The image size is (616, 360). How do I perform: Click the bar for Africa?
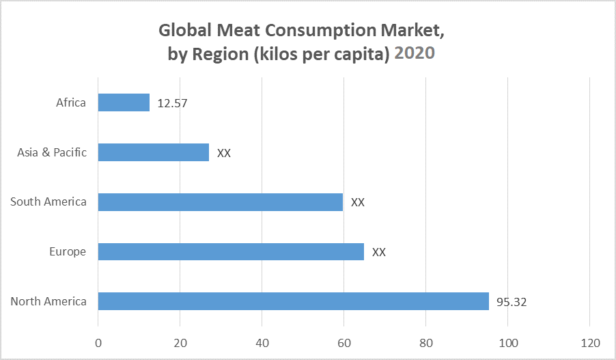[124, 102]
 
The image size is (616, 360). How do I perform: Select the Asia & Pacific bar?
[154, 152]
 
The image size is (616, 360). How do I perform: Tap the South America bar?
[220, 202]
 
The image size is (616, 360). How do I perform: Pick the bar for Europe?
[231, 251]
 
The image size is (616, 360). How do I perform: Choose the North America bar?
[294, 301]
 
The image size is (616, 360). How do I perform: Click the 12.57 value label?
[172, 104]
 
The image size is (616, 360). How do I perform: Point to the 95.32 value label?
[512, 302]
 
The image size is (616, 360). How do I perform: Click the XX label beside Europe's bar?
[379, 252]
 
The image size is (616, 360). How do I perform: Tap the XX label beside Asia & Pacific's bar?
[224, 153]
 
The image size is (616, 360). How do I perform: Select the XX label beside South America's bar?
[358, 203]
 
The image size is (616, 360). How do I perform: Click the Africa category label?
[71, 103]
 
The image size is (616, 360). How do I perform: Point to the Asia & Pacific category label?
[52, 152]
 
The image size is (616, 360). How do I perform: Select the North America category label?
[48, 301]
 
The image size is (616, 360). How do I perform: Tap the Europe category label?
[68, 251]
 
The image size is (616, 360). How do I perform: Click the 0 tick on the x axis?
[98, 342]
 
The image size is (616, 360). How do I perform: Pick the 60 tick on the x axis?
[344, 342]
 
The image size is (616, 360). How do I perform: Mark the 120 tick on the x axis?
[589, 342]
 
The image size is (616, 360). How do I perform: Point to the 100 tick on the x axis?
[507, 342]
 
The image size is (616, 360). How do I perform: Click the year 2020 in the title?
[415, 53]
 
